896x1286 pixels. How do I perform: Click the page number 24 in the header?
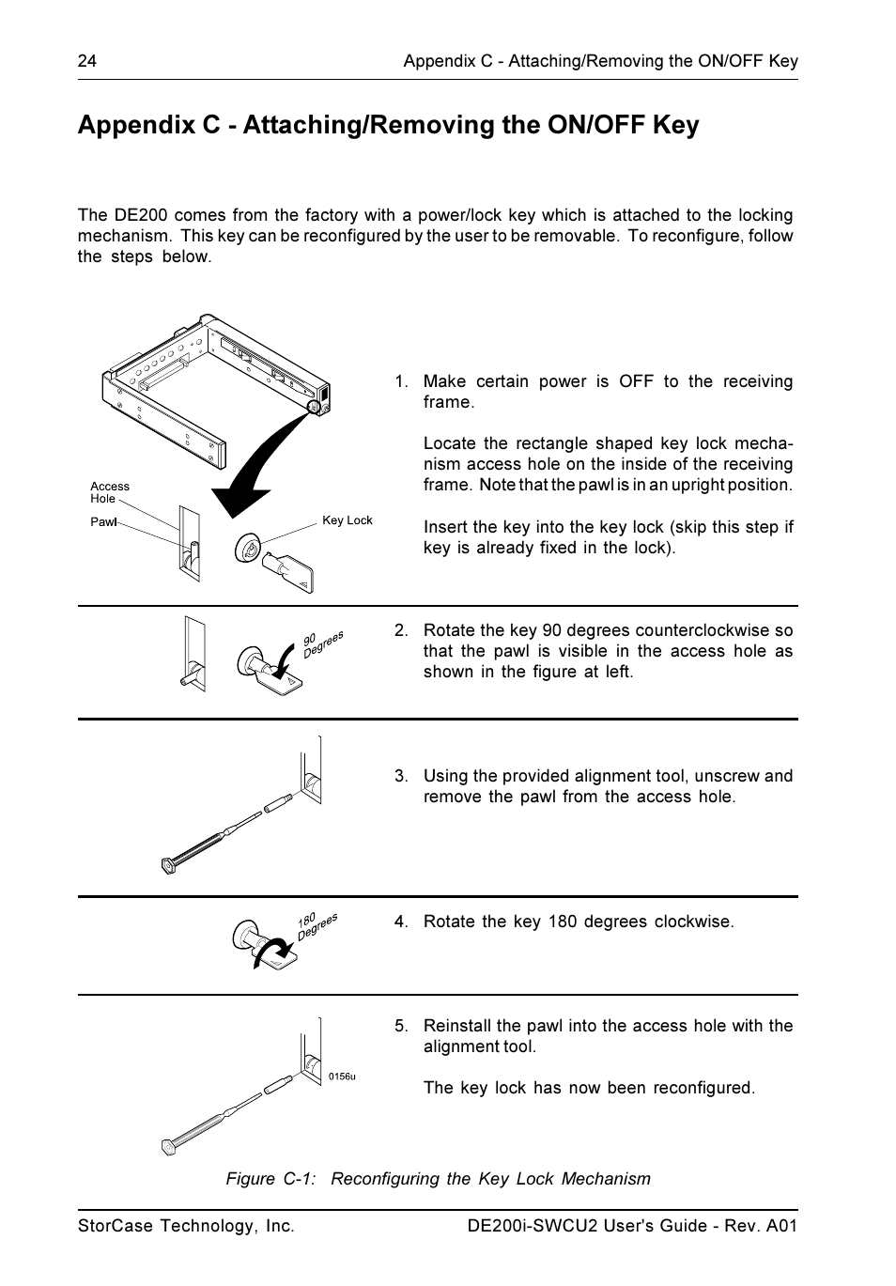pos(86,61)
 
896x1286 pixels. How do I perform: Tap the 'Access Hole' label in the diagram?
pos(109,492)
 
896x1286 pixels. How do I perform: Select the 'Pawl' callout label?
pos(103,521)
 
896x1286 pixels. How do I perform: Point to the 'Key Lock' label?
pos(348,520)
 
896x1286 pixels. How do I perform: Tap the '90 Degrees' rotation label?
pos(322,643)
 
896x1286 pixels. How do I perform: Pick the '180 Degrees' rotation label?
pos(317,925)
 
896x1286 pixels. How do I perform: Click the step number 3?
pos(401,776)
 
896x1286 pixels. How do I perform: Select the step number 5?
pos(401,1026)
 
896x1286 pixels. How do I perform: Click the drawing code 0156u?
pos(342,1077)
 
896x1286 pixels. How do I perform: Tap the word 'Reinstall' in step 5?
pos(457,1026)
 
